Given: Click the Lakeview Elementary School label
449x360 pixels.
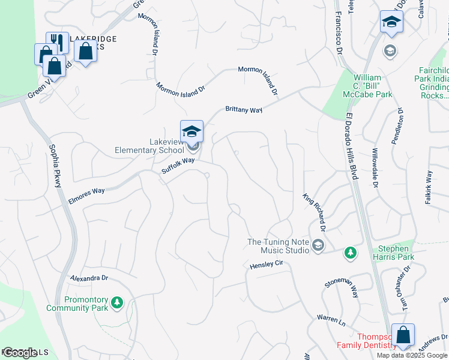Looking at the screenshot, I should [149, 146].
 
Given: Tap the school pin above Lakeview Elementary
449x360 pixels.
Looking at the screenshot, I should [191, 131].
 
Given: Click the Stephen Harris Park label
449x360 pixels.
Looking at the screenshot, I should [393, 253].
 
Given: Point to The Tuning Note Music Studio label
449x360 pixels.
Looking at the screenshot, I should [279, 246].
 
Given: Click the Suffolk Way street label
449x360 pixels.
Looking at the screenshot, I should [178, 166].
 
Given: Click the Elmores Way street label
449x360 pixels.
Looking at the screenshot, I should [86, 194].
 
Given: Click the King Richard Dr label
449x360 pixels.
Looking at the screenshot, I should [314, 212].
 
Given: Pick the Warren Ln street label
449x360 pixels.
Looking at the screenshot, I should [331, 320].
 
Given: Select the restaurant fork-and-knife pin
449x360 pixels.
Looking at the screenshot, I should [58, 42].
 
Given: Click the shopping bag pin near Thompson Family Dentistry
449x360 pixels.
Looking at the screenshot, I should [403, 335].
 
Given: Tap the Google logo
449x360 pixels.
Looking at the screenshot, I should [19, 353].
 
